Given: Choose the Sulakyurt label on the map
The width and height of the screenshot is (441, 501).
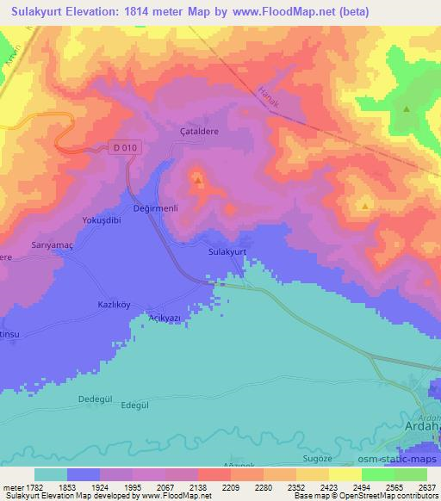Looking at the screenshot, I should [x=228, y=251].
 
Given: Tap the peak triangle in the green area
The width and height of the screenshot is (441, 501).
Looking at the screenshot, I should [x=406, y=109].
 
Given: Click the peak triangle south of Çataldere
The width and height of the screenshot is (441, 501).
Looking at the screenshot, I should [x=199, y=181].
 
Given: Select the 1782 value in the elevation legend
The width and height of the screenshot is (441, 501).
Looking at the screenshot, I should [x=34, y=487].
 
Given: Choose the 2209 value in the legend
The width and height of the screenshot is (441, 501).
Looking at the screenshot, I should [x=229, y=487].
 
